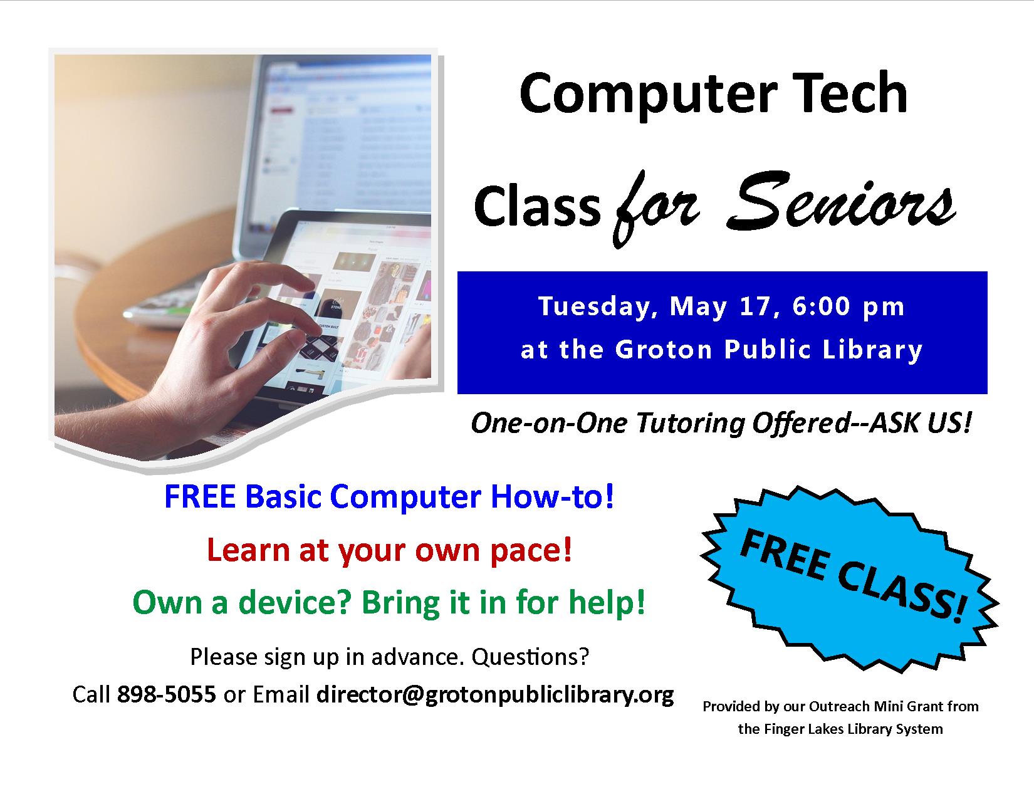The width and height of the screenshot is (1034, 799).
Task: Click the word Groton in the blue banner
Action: tap(663, 350)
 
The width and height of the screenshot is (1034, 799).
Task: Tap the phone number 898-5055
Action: tap(167, 694)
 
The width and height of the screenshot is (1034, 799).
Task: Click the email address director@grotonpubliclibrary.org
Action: tap(495, 695)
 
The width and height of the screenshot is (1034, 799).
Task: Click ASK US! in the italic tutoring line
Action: tap(921, 422)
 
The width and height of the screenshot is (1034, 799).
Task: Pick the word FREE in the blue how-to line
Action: tap(200, 498)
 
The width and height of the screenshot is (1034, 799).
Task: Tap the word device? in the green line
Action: tap(295, 603)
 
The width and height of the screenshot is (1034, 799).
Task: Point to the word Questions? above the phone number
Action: tap(530, 657)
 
